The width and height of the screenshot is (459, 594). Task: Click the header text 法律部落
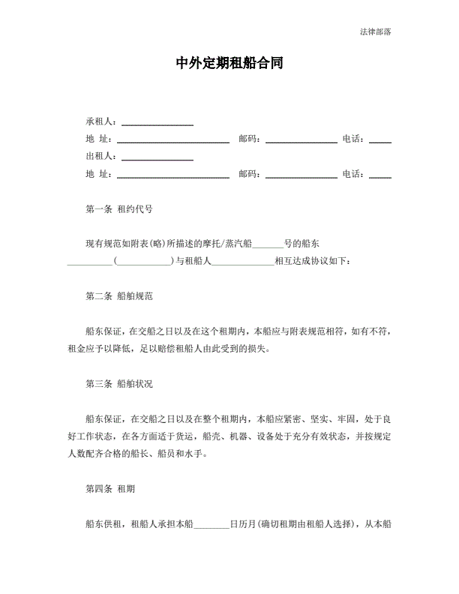(375, 31)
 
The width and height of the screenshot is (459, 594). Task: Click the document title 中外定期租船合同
(229, 64)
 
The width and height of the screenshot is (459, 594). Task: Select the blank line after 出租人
(157, 157)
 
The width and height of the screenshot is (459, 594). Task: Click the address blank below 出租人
(172, 175)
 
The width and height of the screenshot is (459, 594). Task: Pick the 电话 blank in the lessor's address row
(380, 175)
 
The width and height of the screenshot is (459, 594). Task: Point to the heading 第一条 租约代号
(120, 209)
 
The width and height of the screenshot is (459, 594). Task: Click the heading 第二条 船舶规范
(120, 296)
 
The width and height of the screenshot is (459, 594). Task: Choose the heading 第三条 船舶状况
(120, 383)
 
